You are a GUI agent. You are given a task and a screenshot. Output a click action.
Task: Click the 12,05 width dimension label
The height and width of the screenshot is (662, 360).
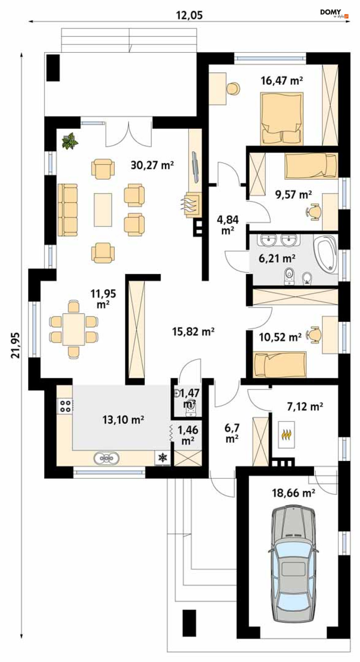pos(189,15)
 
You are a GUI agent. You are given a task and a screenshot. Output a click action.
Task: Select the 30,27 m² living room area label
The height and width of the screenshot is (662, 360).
pos(152,165)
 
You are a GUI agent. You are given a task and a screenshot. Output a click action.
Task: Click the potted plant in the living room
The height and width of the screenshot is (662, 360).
pos(70,141)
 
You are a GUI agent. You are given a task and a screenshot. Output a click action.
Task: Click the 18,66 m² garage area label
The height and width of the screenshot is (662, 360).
pos(293,493)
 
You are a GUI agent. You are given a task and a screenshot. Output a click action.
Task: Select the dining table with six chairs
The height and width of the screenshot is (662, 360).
pos(74,329)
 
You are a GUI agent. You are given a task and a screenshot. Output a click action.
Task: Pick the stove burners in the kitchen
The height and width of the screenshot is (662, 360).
pos(65,406)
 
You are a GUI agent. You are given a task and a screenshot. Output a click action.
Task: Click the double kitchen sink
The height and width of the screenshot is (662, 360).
pos(106,458)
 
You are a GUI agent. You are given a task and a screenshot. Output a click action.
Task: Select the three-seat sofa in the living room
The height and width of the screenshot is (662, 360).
pos(68,210)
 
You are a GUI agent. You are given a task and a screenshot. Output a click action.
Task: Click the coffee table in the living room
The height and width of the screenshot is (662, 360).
pos(103,210)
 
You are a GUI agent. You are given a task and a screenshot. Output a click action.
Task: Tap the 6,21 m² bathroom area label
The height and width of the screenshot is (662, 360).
pos(277,258)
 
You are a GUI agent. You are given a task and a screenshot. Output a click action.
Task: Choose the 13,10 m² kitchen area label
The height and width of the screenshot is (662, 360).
pos(123,419)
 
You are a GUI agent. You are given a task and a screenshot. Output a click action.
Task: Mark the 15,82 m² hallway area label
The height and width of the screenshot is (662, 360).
pos(193,331)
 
